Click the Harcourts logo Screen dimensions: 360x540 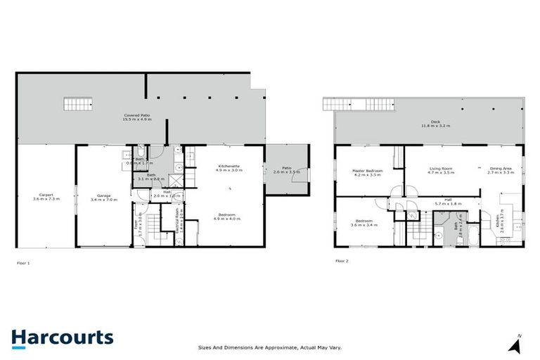tap(63, 337)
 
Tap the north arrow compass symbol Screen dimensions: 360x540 tap(517, 344)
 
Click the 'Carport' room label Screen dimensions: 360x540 tap(47, 198)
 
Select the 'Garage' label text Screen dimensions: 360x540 tap(104, 198)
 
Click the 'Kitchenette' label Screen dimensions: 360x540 tap(230, 167)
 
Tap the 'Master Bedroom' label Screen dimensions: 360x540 tap(367, 172)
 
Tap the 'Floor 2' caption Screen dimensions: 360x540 tap(342, 261)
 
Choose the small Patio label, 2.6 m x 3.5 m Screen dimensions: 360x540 tap(287, 169)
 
